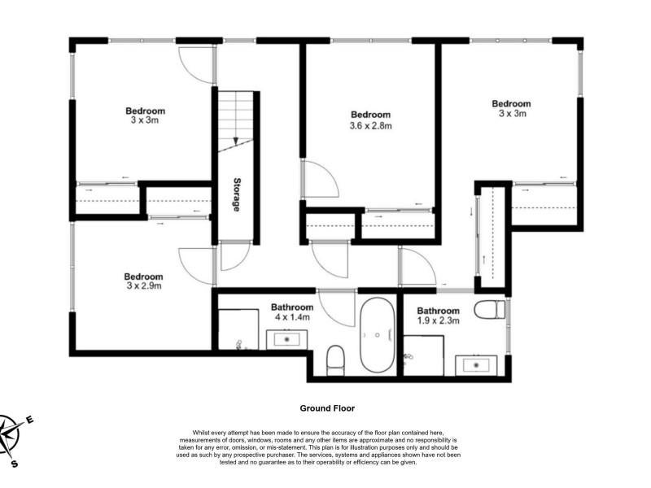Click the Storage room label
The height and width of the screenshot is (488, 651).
[x=236, y=194]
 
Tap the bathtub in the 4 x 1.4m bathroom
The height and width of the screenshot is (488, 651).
[x=377, y=335]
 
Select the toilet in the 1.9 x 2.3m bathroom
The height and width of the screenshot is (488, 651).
[x=490, y=310]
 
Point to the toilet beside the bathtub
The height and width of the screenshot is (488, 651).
[x=335, y=360]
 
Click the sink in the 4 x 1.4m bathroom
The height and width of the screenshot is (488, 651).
[x=286, y=339]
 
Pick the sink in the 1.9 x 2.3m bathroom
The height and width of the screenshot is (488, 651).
[x=476, y=365]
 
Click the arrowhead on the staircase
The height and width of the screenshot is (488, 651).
[x=236, y=141]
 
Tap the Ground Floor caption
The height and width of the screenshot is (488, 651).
[x=327, y=408]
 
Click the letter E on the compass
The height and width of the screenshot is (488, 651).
[x=29, y=420]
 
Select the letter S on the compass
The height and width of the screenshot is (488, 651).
[x=15, y=464]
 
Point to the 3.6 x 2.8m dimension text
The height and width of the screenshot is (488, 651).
[x=371, y=125]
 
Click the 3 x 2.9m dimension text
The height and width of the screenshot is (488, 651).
[x=144, y=286]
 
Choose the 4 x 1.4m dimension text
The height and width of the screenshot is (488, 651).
[x=292, y=317]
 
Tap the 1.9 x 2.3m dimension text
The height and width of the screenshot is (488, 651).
[x=438, y=320]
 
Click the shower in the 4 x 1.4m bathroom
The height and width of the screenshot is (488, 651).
[x=238, y=329]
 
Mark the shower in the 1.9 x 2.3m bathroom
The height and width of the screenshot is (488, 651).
[x=423, y=355]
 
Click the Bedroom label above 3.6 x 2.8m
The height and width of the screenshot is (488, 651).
[x=371, y=115]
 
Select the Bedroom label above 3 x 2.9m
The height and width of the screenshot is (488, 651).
[x=144, y=277]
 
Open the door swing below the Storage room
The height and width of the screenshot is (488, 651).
[x=235, y=255]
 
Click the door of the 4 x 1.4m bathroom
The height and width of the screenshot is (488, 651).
[x=337, y=308]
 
